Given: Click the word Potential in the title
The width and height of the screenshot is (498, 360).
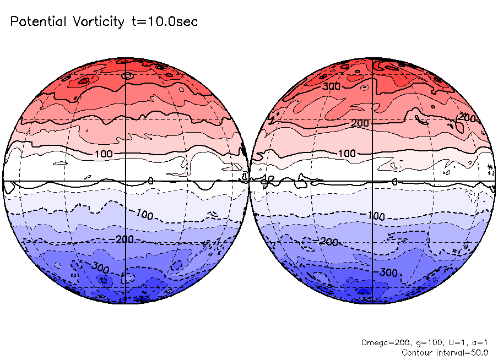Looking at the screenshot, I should [37, 22].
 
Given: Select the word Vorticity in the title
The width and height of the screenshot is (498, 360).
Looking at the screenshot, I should [97, 22].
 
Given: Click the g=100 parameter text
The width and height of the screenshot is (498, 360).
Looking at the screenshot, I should [424, 342].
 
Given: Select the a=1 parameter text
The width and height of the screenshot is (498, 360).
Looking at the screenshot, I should [478, 342].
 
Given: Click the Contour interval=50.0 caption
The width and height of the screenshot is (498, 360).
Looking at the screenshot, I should [446, 352].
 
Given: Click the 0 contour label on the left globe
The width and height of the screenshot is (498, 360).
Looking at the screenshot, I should [151, 181].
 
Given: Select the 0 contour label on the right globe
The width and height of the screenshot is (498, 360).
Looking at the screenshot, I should [394, 182].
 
